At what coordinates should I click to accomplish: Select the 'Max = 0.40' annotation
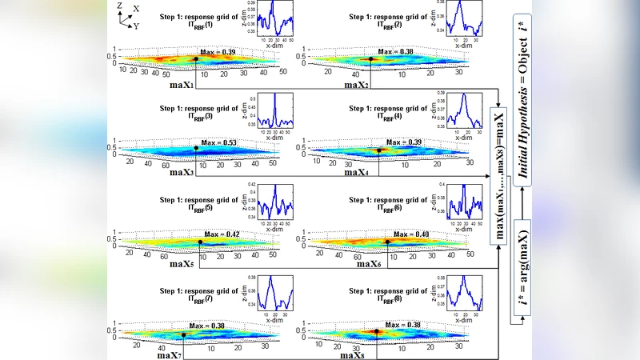[410, 234]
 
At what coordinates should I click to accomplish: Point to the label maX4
[358, 172]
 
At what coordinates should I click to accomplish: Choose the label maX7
[170, 354]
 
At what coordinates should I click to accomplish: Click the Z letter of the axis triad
[119, 6]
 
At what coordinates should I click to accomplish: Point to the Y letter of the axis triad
[137, 26]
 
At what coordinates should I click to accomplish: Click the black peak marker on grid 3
[196, 148]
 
